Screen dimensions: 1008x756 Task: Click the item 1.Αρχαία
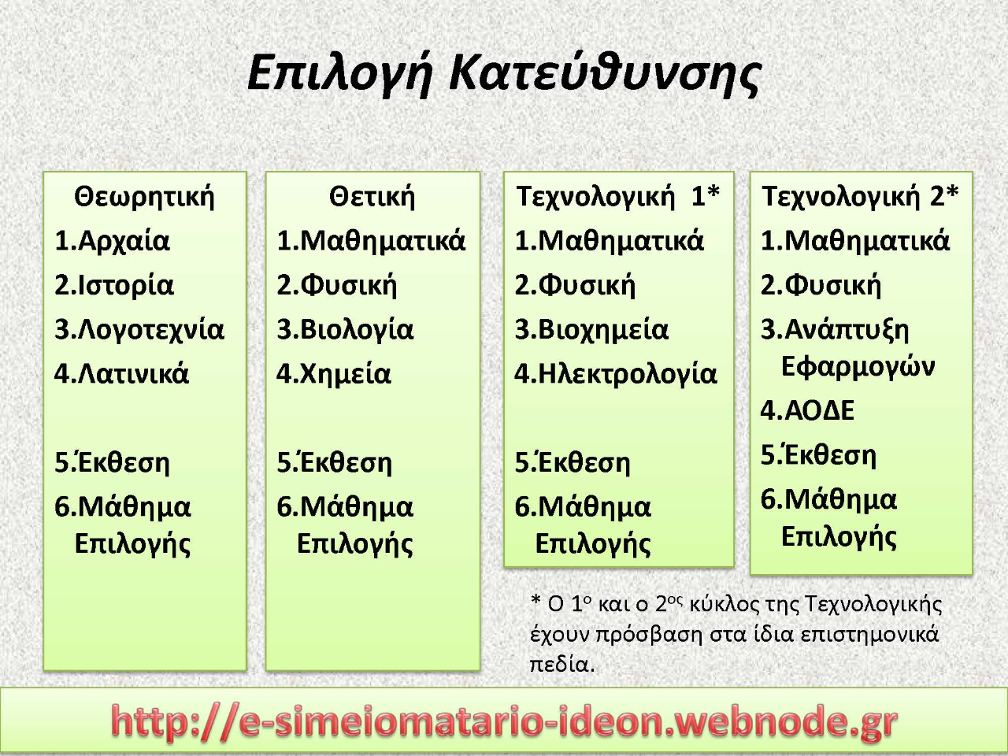(x=112, y=240)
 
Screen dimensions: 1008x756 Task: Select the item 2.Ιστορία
(x=114, y=285)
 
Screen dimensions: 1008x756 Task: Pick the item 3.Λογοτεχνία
(x=139, y=330)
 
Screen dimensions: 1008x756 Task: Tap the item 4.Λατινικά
(x=121, y=373)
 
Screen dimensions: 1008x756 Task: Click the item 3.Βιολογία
(x=345, y=330)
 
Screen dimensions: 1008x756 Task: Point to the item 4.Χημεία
(x=333, y=373)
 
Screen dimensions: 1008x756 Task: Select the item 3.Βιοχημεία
(x=591, y=330)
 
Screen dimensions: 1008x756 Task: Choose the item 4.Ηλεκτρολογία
(x=615, y=373)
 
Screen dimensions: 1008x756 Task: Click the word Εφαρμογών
(x=858, y=367)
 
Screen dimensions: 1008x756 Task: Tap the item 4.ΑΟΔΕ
(x=807, y=410)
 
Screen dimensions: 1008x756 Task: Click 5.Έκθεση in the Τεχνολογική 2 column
(x=818, y=455)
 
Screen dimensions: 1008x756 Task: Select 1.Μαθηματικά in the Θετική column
(x=371, y=240)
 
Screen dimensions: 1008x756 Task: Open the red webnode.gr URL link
(x=504, y=722)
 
